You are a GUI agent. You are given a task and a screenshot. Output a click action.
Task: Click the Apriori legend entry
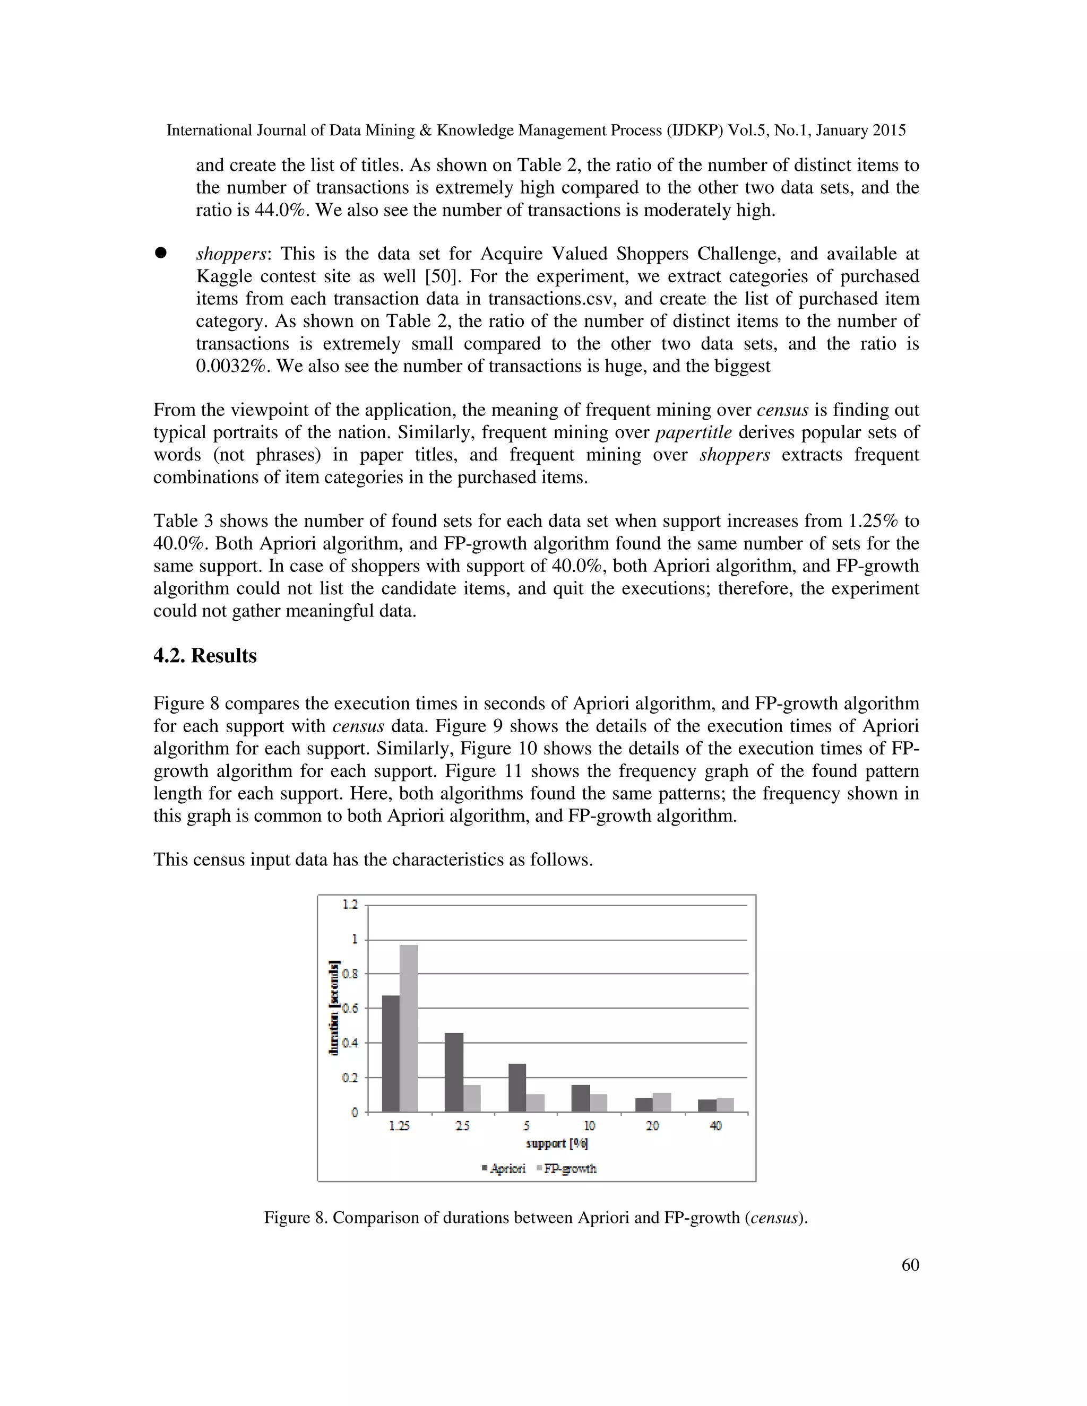[504, 1168]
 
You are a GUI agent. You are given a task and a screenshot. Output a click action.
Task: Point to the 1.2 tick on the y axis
[350, 905]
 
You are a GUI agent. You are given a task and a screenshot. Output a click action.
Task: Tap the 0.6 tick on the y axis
[350, 1008]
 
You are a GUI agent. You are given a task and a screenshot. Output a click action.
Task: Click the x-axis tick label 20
[652, 1126]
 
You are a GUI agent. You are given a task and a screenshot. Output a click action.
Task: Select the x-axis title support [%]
[556, 1143]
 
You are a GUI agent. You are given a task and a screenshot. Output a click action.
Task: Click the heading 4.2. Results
[205, 655]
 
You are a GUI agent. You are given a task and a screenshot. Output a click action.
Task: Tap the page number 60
[910, 1265]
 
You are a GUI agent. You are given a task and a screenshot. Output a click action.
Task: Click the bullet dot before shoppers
[160, 254]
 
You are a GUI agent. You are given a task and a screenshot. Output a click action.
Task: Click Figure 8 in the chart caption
[295, 1217]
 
